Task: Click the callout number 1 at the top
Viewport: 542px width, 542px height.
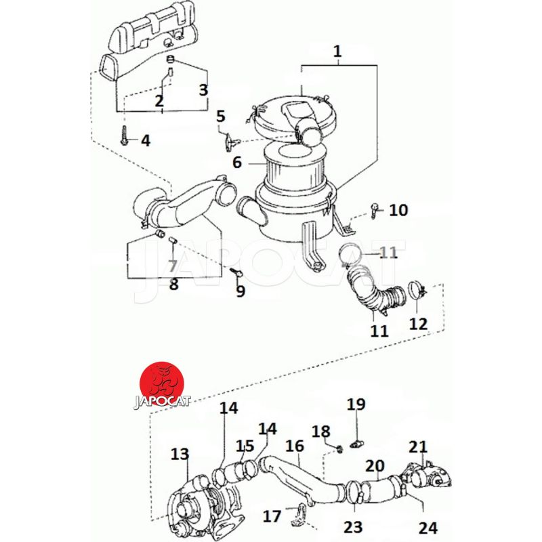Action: pos(337,51)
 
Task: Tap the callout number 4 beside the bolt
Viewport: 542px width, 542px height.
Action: pos(145,141)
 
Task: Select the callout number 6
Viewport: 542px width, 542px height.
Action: pos(236,163)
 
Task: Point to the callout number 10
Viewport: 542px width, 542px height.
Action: pos(398,210)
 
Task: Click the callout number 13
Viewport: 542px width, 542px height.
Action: pos(180,455)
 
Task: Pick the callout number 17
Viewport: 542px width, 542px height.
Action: pos(272,516)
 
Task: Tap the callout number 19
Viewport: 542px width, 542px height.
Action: pos(356,405)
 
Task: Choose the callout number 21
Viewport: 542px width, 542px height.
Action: pos(418,446)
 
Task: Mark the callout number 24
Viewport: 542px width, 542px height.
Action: pos(428,526)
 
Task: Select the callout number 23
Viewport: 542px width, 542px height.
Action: pos(354,526)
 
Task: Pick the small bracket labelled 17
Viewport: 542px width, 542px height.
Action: pos(297,518)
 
